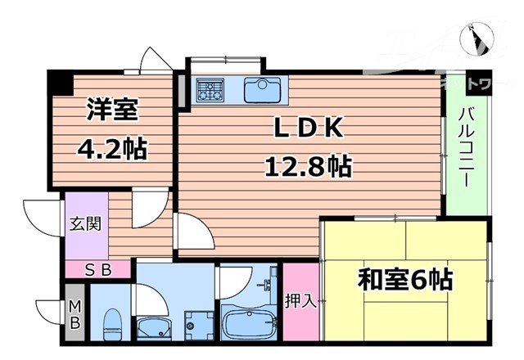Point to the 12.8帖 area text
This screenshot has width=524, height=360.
[307, 168]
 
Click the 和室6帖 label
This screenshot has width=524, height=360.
[404, 281]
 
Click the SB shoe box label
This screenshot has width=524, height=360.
[97, 268]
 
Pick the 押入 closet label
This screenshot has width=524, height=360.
[300, 300]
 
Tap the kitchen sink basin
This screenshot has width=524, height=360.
[262, 88]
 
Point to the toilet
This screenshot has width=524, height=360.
[112, 325]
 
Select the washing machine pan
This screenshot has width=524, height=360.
[197, 326]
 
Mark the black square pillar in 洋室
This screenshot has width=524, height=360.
[60, 82]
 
